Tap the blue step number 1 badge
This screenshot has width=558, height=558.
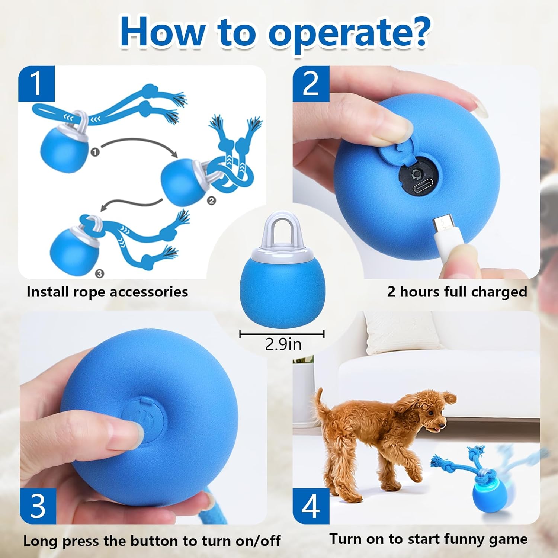click(37, 84)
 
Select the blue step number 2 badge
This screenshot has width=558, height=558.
click(311, 84)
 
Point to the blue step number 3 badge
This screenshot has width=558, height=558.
click(38, 506)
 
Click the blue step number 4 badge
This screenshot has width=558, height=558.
click(311, 506)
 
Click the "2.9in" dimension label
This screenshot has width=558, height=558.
click(283, 344)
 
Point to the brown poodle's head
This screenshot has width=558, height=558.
click(432, 409)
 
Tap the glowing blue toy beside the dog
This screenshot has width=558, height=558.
click(485, 495)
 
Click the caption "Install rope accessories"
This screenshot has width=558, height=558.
click(107, 292)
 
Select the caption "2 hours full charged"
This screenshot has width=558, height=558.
click(457, 292)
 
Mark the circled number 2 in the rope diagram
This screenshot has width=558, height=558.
click(211, 201)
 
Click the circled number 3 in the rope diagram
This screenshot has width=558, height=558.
click(99, 273)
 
